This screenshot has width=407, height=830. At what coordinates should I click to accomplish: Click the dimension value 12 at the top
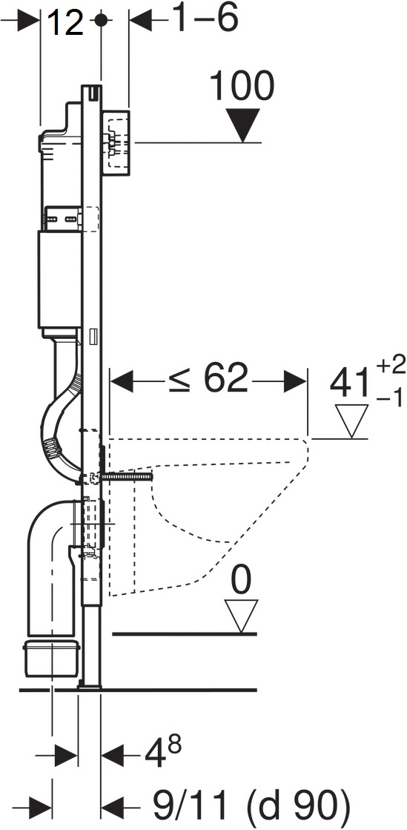[65, 22]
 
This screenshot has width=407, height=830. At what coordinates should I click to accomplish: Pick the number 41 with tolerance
[348, 383]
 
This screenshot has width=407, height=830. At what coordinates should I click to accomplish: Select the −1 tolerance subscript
[390, 398]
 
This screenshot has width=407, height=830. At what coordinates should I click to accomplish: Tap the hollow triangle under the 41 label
[352, 421]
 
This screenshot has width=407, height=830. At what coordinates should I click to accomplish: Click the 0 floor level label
[242, 582]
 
